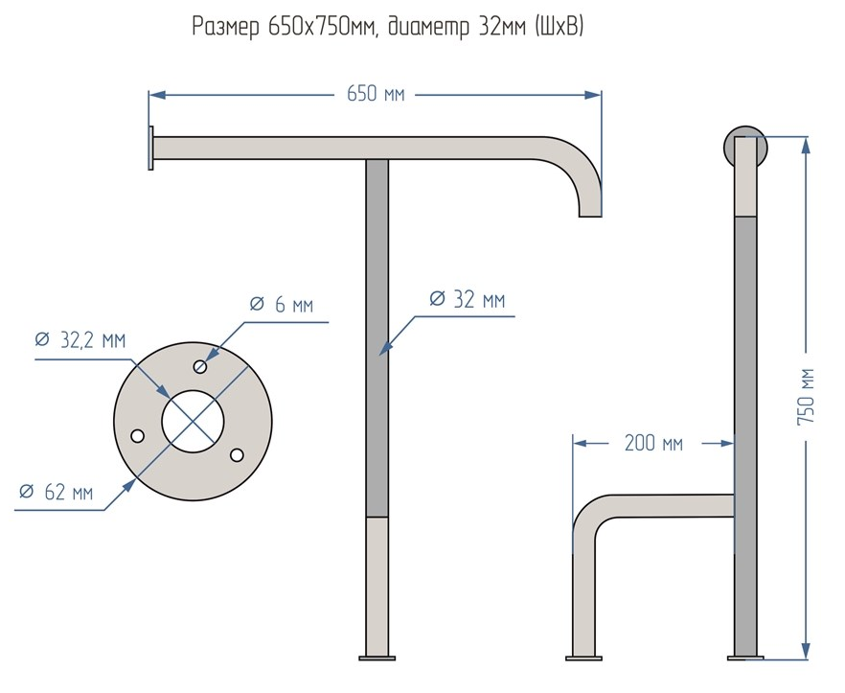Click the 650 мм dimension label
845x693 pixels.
375,95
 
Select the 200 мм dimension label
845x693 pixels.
653,443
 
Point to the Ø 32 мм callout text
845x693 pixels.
467,299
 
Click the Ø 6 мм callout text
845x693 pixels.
281,306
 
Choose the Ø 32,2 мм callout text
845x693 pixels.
80,340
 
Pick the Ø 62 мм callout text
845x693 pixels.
57,493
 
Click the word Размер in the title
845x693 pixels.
226,28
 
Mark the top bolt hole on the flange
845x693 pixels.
200,366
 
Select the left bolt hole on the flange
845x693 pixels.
138,436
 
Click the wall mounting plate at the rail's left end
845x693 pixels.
150,149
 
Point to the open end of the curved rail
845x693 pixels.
590,215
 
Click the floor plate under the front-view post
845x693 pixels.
377,658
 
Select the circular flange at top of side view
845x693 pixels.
745,146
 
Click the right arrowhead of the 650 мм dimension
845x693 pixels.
595,95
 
